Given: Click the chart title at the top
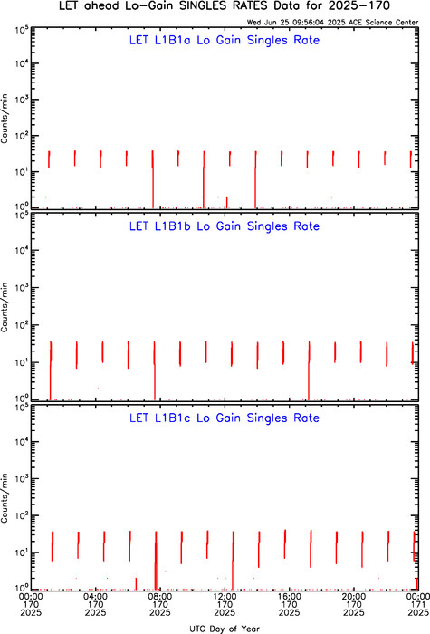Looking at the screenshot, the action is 225,6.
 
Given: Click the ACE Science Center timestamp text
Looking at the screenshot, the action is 332,23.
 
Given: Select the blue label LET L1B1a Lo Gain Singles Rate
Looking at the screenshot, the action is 225,40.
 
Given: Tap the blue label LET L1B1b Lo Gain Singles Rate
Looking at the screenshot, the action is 225,226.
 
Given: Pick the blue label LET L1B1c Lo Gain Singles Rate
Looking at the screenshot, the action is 225,418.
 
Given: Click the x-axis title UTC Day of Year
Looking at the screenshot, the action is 225,629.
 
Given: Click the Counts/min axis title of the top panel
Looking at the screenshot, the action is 5,120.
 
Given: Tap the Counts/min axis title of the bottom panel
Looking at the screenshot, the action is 5,498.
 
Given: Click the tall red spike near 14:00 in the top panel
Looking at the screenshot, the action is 255,179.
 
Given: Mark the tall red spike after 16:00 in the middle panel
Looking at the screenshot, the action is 309,370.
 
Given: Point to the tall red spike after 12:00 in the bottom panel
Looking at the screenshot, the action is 233,561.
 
